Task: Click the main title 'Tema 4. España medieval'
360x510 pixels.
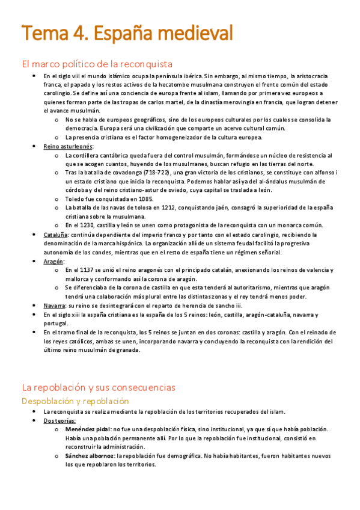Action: point(127,32)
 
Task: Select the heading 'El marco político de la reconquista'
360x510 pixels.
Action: point(97,64)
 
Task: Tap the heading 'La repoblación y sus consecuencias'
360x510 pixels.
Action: point(99,387)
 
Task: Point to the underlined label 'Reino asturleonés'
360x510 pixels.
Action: point(68,146)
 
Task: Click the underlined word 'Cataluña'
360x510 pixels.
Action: point(55,235)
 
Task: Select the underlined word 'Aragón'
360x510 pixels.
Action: point(53,262)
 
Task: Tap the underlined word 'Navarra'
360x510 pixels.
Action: point(54,306)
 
